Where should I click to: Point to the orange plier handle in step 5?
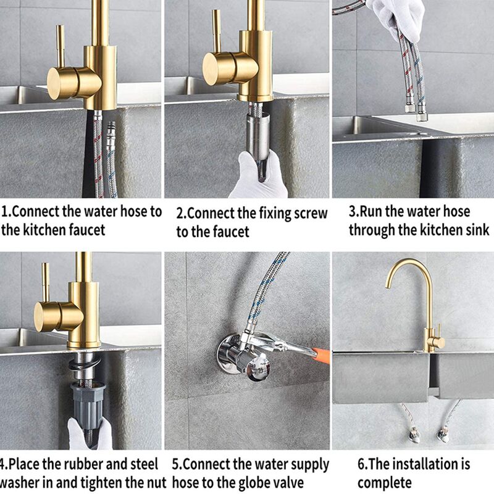click(x=322, y=356)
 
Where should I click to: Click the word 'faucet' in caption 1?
click(x=87, y=230)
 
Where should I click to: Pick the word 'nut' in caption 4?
click(x=157, y=482)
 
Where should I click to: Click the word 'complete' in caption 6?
click(x=384, y=483)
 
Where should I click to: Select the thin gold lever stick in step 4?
click(x=46, y=283)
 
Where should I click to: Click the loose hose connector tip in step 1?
click(x=111, y=127)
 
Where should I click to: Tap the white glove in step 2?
click(x=257, y=177)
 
